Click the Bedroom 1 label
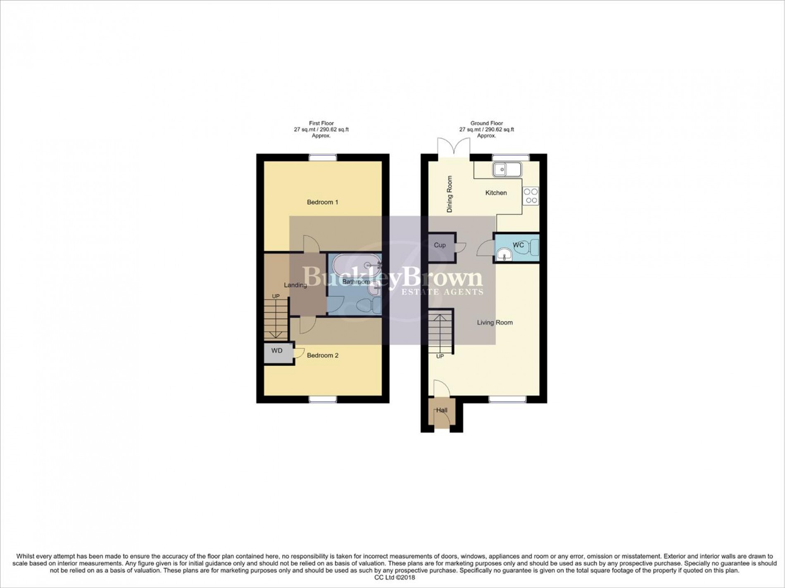pyautogui.click(x=322, y=202)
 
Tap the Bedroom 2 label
pyautogui.click(x=322, y=356)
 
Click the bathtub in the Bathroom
pyautogui.click(x=355, y=265)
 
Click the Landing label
pyautogui.click(x=295, y=285)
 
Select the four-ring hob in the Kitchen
pyautogui.click(x=531, y=196)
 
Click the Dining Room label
pyautogui.click(x=450, y=194)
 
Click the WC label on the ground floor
pyautogui.click(x=518, y=245)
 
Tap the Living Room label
pyautogui.click(x=495, y=322)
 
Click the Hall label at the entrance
pyautogui.click(x=442, y=410)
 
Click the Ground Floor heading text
pyautogui.click(x=486, y=123)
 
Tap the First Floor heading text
pyautogui.click(x=321, y=123)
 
